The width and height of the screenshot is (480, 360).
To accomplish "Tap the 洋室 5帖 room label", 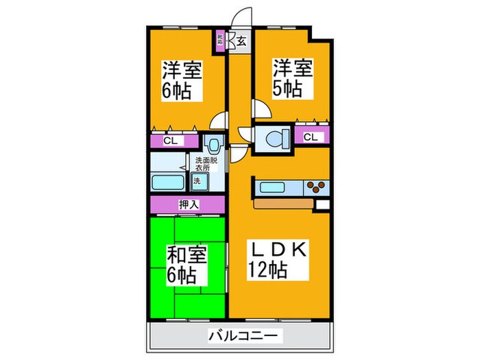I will [293, 79].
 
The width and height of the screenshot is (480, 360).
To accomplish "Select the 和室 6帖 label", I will [182, 265].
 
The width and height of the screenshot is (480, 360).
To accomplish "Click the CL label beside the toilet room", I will [310, 137].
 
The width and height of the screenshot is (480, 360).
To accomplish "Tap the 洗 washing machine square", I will [197, 182].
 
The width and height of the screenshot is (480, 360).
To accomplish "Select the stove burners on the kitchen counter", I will [317, 187].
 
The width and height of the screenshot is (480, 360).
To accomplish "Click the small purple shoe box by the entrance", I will [220, 39].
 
